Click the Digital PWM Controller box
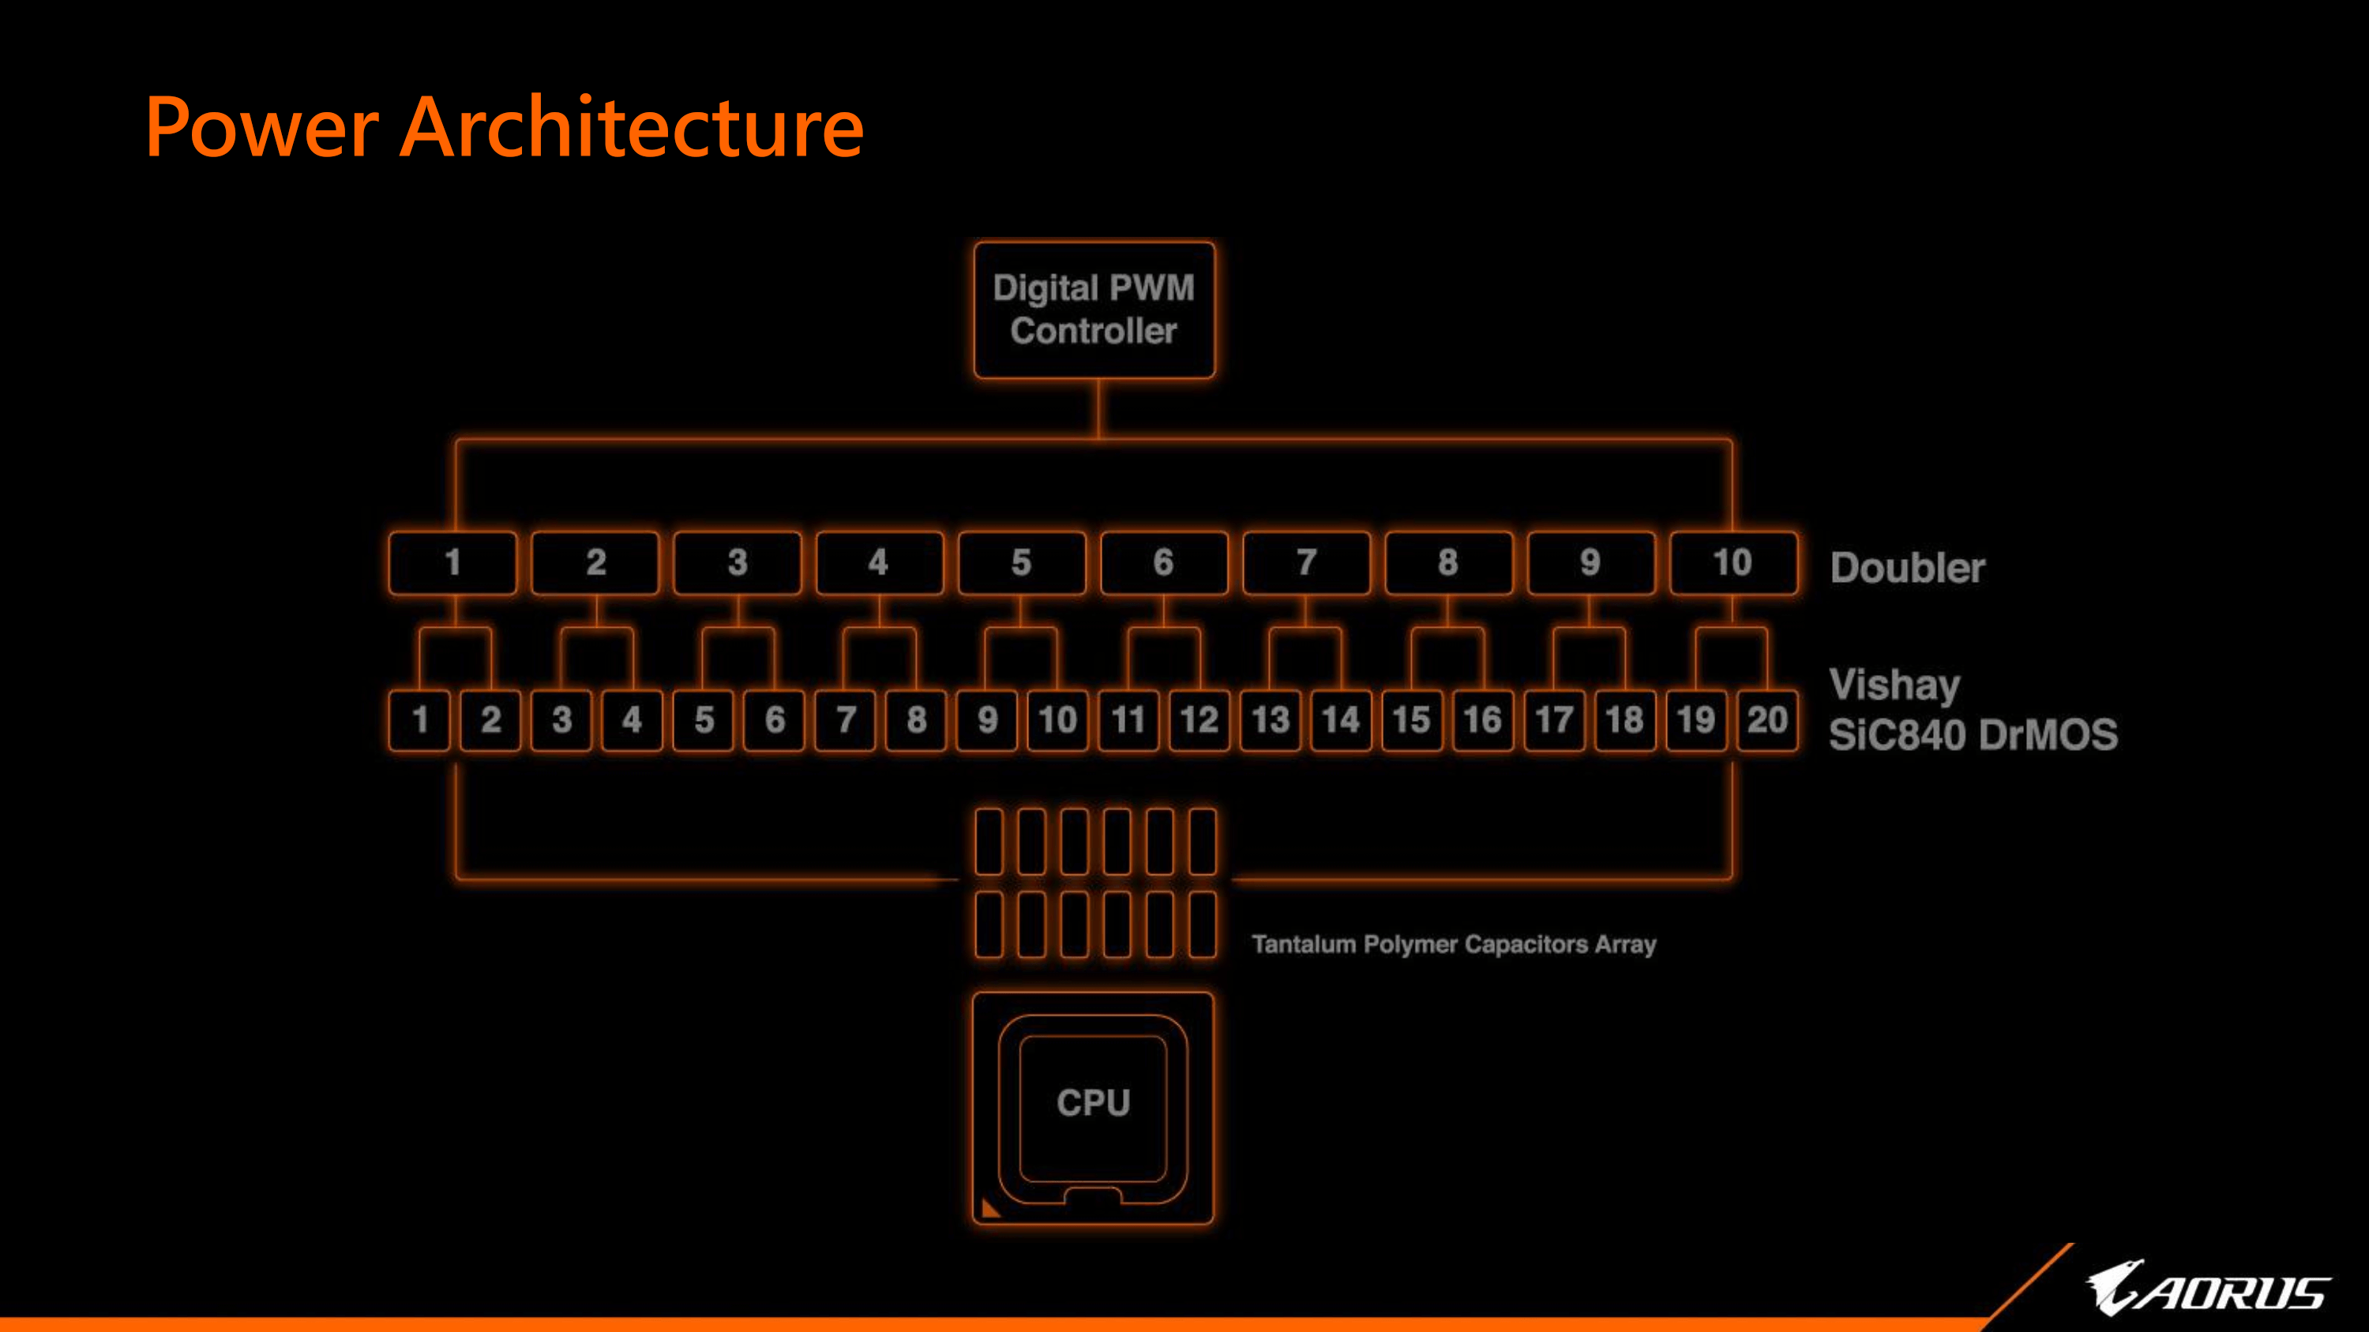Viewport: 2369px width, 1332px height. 1094,310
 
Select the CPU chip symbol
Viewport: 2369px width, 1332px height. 1093,1107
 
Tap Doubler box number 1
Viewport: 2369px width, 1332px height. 452,563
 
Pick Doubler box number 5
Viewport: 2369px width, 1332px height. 1021,563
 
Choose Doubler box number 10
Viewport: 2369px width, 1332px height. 1733,563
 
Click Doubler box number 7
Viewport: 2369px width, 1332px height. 1306,563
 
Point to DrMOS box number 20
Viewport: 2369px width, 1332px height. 1766,720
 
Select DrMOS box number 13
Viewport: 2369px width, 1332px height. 1270,720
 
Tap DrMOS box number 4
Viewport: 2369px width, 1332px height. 632,720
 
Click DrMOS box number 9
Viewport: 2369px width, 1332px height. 987,720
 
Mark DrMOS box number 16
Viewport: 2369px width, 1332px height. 1482,720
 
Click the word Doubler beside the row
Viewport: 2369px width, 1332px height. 1907,568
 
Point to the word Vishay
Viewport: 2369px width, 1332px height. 1894,685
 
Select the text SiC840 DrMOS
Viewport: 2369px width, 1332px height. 1973,735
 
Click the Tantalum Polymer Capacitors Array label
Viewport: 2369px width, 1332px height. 1454,944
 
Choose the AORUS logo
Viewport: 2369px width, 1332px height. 2207,1289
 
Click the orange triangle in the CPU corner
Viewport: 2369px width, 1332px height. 989,1209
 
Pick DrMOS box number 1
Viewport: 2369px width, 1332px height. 420,720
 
